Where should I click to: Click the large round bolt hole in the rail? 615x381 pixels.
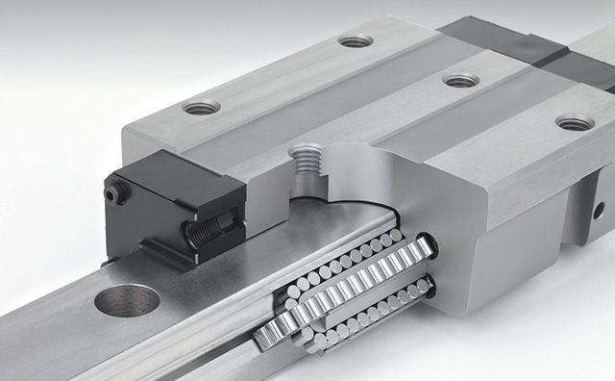pyautogui.click(x=127, y=301)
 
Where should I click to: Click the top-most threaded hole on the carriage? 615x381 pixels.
pyautogui.click(x=355, y=40)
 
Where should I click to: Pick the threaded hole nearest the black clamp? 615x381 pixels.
pyautogui.click(x=202, y=106)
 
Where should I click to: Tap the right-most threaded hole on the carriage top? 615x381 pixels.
pyautogui.click(x=575, y=122)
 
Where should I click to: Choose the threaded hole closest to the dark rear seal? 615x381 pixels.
pyautogui.click(x=460, y=81)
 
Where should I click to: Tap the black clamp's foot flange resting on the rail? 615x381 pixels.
pyautogui.click(x=183, y=252)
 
